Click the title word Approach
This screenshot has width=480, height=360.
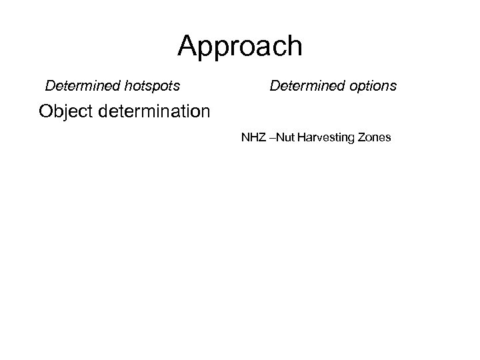coord(240,47)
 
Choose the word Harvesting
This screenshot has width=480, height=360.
coord(327,139)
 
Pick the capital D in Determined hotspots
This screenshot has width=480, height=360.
coord(49,86)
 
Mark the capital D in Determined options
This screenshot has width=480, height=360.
coord(274,86)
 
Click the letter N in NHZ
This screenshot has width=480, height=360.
coord(245,139)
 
